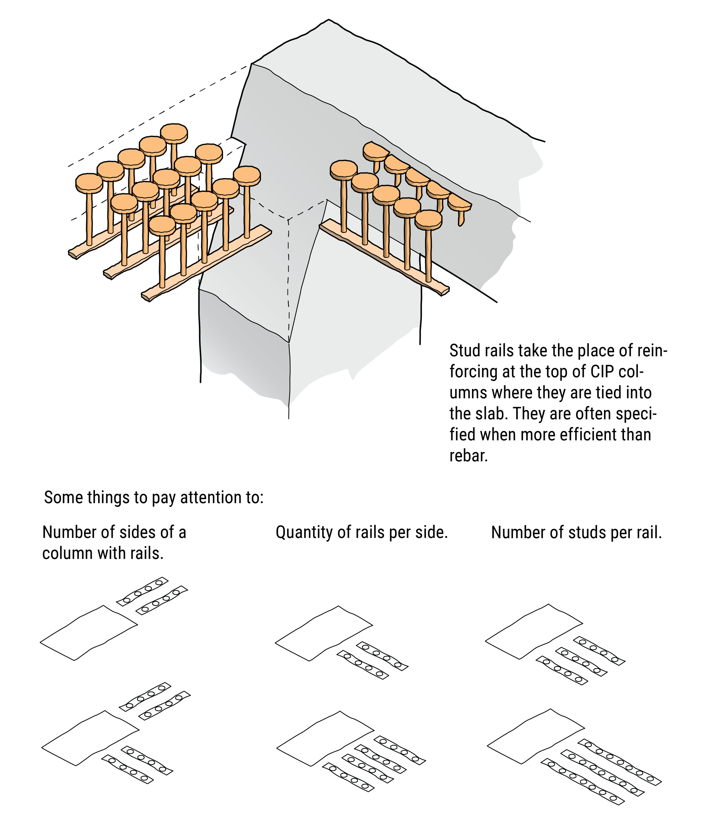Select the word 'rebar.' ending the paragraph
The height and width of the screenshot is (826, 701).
469,456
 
